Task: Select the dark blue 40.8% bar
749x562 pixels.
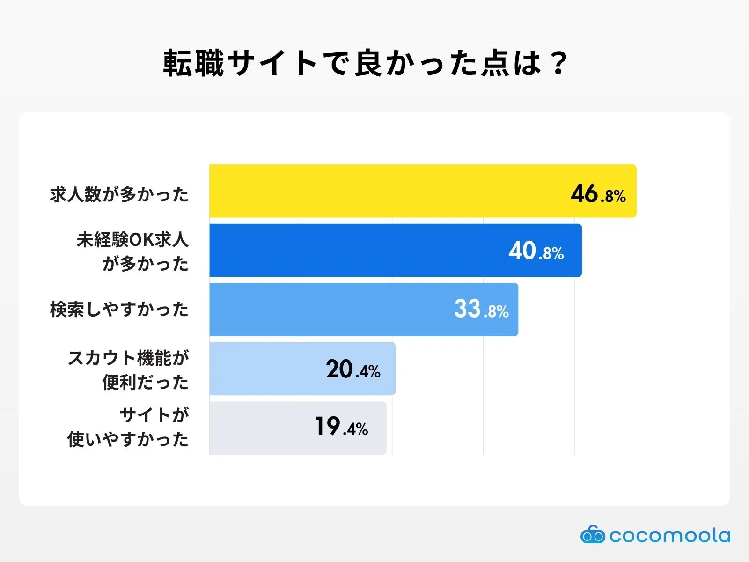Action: pyautogui.click(x=356, y=251)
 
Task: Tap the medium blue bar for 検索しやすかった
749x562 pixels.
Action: pyautogui.click(x=328, y=310)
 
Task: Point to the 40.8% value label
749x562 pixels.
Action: pyautogui.click(x=536, y=251)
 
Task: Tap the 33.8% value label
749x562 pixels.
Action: pyautogui.click(x=481, y=310)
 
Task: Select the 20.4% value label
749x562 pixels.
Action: pyautogui.click(x=353, y=370)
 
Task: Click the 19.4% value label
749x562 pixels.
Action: pyautogui.click(x=341, y=427)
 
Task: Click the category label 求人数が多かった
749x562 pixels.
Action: pyautogui.click(x=119, y=194)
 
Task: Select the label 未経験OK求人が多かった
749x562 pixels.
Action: pyautogui.click(x=132, y=251)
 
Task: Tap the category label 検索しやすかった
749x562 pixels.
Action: pyautogui.click(x=119, y=310)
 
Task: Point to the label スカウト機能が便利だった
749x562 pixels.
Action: pyautogui.click(x=128, y=370)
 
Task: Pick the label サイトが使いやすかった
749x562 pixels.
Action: pyautogui.click(x=128, y=427)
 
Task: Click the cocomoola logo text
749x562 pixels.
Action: pyautogui.click(x=669, y=535)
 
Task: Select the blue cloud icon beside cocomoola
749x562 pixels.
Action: pyautogui.click(x=593, y=535)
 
